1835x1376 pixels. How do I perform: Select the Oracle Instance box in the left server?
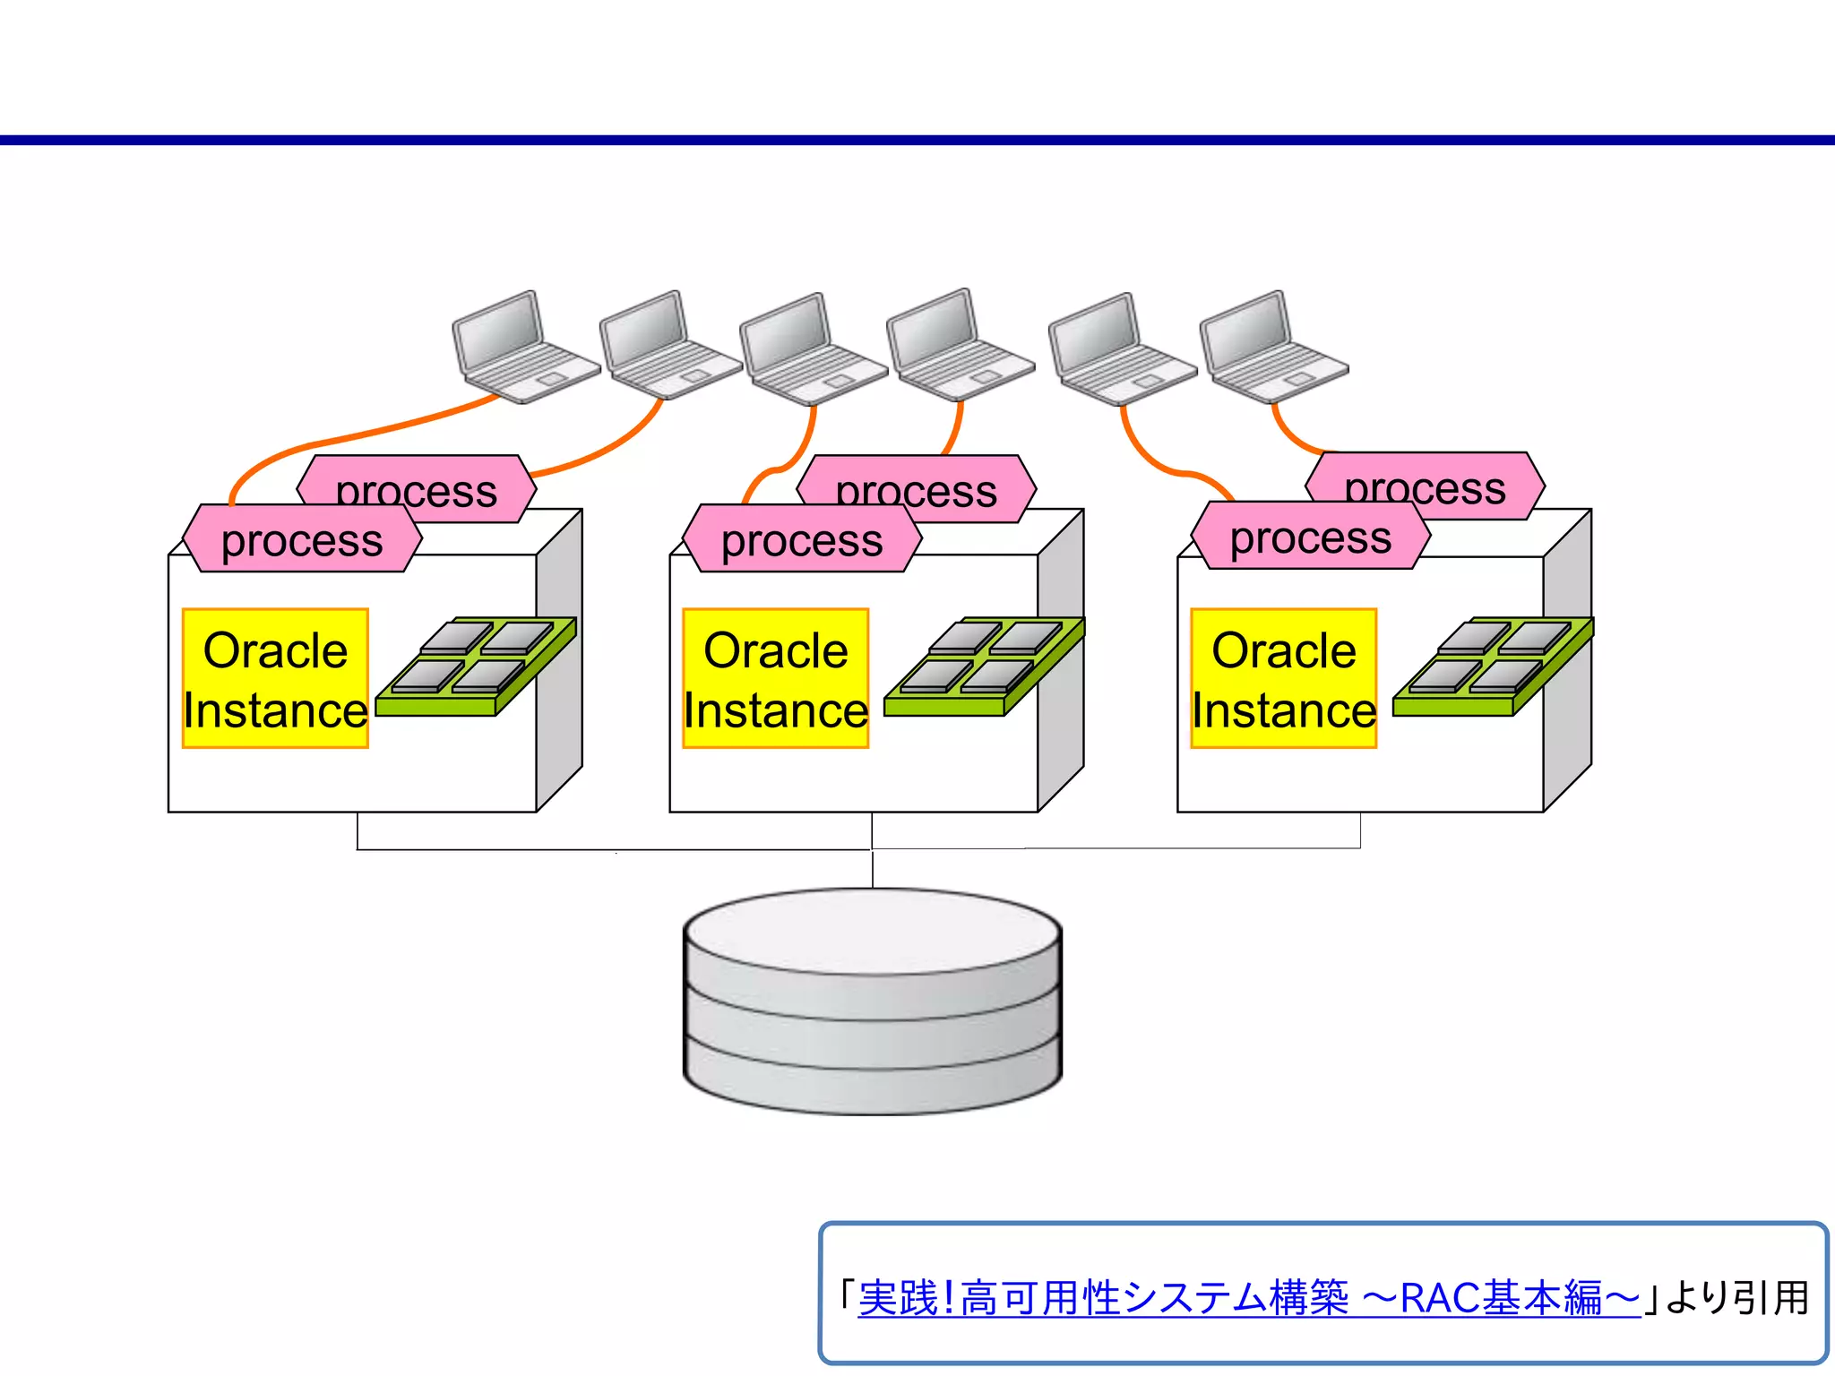pos(275,678)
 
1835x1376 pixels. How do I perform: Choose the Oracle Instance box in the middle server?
pos(775,678)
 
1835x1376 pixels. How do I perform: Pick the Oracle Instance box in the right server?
pos(1283,678)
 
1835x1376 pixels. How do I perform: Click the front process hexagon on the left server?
pos(302,539)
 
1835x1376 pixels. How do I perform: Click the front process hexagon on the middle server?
pos(802,539)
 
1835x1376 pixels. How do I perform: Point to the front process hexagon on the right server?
pos(1310,537)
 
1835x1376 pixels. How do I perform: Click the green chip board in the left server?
pos(475,667)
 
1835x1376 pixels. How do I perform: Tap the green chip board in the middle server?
pos(983,667)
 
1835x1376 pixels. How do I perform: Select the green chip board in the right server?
pos(1492,667)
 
